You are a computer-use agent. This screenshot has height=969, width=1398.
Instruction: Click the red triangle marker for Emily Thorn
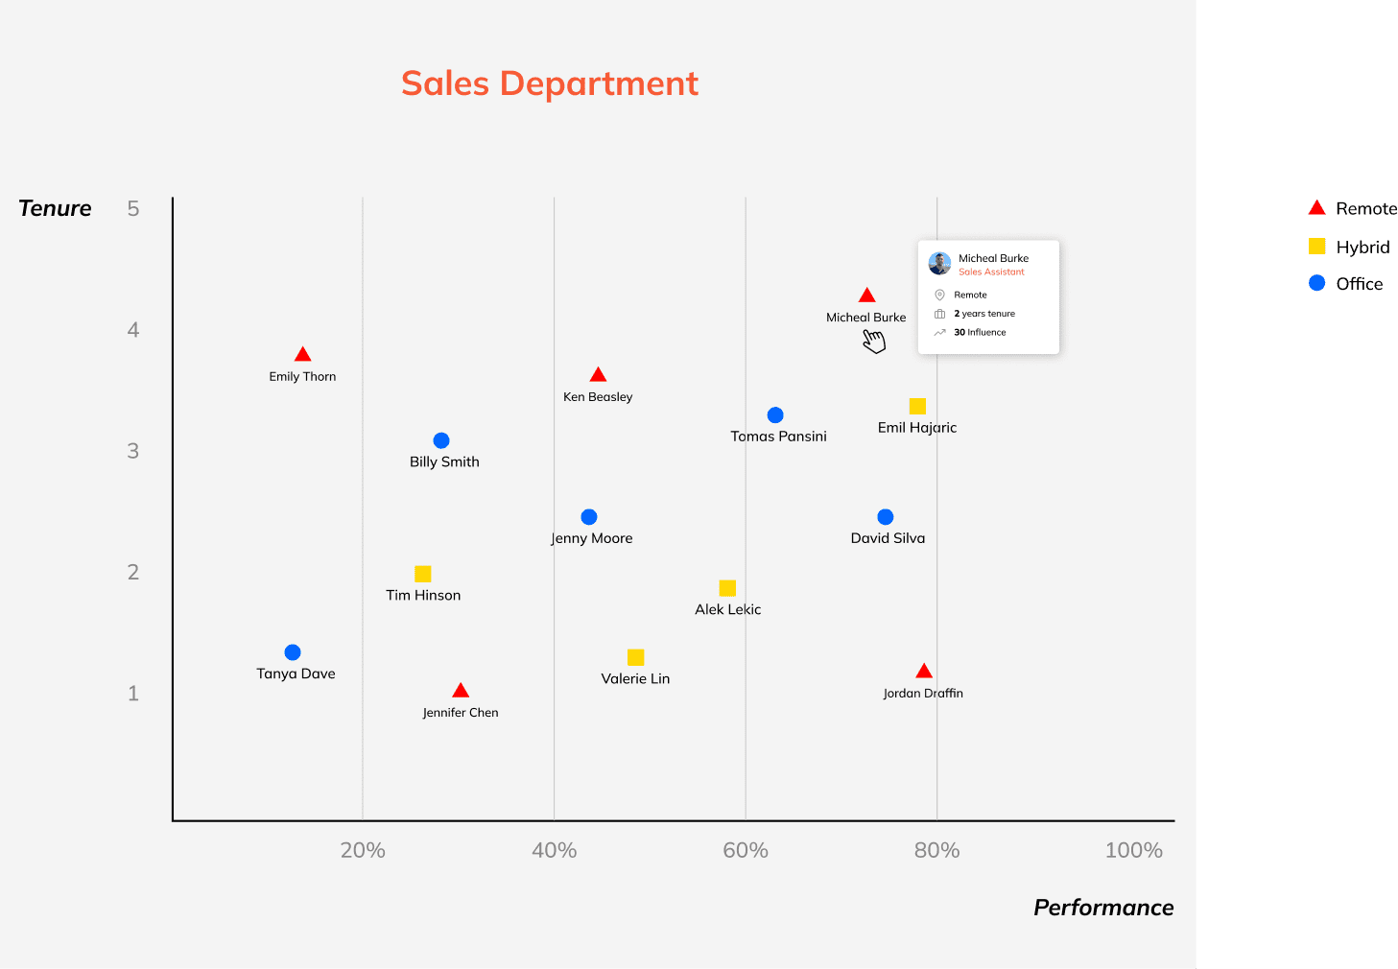coord(302,355)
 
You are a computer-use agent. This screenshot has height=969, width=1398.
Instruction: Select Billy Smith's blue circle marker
coord(441,440)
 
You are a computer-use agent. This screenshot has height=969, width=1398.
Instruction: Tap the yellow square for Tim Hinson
coord(422,574)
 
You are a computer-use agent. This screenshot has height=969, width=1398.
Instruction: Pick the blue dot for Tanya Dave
coord(293,652)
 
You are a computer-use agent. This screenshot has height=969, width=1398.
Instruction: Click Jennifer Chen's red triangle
coord(461,691)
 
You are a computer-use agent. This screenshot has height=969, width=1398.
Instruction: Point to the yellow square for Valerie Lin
coord(635,657)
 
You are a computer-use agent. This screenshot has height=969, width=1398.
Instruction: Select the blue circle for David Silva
coord(886,517)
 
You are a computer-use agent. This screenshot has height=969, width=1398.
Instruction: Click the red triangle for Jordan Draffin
coord(924,672)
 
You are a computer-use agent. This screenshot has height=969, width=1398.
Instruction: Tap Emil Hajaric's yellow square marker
coord(917,406)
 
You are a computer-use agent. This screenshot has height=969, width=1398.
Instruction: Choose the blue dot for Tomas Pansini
coord(775,415)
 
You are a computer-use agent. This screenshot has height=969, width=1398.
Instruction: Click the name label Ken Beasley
coord(598,397)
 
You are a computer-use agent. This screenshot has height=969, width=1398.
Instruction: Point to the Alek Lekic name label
coord(727,609)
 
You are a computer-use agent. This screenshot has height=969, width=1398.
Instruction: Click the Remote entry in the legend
coord(1353,208)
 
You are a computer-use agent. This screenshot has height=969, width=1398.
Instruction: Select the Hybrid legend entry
coord(1349,247)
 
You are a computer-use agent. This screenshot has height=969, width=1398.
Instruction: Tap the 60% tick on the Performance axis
coord(746,850)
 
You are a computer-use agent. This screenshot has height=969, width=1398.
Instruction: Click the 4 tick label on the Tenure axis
coord(133,330)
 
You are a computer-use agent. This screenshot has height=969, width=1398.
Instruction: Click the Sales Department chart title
coord(550,83)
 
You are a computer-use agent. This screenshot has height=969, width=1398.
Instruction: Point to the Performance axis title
coord(1103,908)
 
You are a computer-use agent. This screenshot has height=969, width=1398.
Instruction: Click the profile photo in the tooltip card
coord(939,263)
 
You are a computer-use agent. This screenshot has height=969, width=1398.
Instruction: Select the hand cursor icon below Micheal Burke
coord(873,341)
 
